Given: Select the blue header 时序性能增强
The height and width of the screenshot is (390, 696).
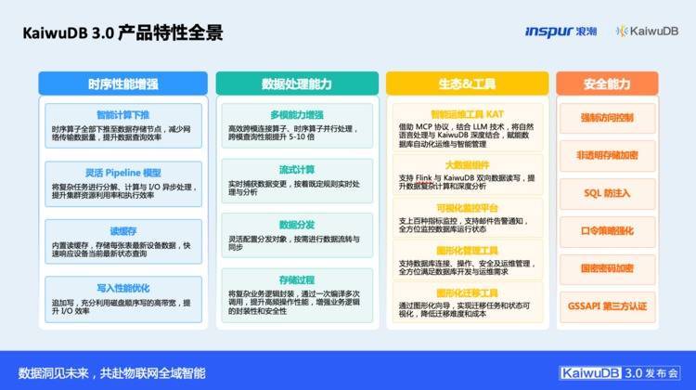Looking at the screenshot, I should point(122,84).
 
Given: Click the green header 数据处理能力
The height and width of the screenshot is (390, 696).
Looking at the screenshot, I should point(297,84).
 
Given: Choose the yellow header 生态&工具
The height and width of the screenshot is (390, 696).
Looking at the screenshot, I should point(467,84).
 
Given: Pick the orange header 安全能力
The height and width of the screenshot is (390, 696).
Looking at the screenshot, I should point(606,84).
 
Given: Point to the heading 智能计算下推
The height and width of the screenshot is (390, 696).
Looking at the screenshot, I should point(122,115).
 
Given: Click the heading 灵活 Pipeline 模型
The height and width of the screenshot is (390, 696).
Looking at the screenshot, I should point(122,173).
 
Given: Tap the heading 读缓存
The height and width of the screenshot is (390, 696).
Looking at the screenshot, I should point(122,230).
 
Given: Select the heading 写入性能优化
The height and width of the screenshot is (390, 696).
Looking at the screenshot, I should point(122,288).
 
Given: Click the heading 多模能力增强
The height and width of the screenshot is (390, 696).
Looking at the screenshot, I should point(297,115).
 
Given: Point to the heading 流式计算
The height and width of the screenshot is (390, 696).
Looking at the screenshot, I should point(297,170).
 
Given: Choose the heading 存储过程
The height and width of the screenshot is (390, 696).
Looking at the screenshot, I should point(297,279).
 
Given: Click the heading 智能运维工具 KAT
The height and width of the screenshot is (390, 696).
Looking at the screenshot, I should point(467,110).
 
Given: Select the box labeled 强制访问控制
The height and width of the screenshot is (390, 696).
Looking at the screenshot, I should point(606,118).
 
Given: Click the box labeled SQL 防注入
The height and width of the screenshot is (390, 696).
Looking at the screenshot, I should point(606,193).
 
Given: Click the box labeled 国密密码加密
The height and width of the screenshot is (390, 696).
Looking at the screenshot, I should point(606,268).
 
